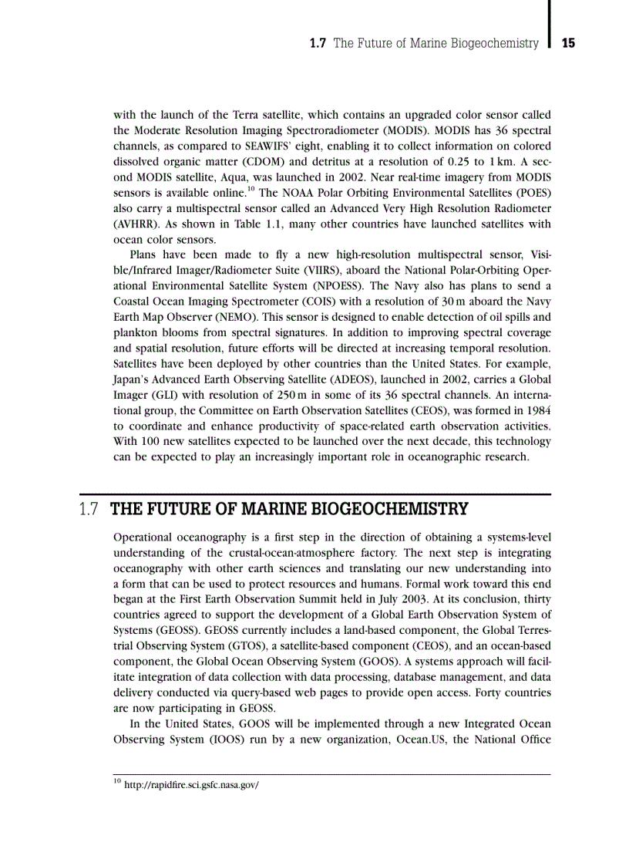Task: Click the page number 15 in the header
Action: (568, 44)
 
